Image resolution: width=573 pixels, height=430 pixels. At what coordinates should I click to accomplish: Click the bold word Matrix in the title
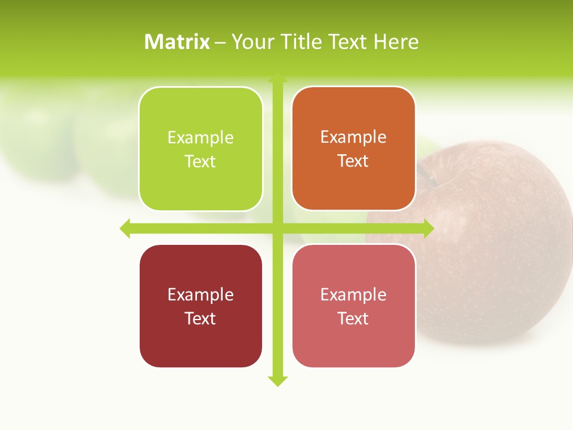pos(177,42)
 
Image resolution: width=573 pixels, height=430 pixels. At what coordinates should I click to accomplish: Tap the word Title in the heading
pos(301,42)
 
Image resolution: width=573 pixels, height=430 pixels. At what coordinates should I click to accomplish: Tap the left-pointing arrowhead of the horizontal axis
pos(125,228)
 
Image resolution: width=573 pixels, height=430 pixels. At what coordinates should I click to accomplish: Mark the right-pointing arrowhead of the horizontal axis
pos(429,228)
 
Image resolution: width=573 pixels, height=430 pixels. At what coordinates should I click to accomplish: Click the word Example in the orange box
pos(353,137)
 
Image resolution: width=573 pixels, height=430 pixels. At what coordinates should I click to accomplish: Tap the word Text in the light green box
pos(200,162)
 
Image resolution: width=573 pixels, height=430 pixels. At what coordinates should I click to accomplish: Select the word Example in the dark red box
pos(201,294)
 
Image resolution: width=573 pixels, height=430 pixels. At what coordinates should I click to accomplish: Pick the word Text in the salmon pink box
pos(353,318)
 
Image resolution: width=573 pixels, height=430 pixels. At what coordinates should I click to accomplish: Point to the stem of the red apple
pos(427,174)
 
